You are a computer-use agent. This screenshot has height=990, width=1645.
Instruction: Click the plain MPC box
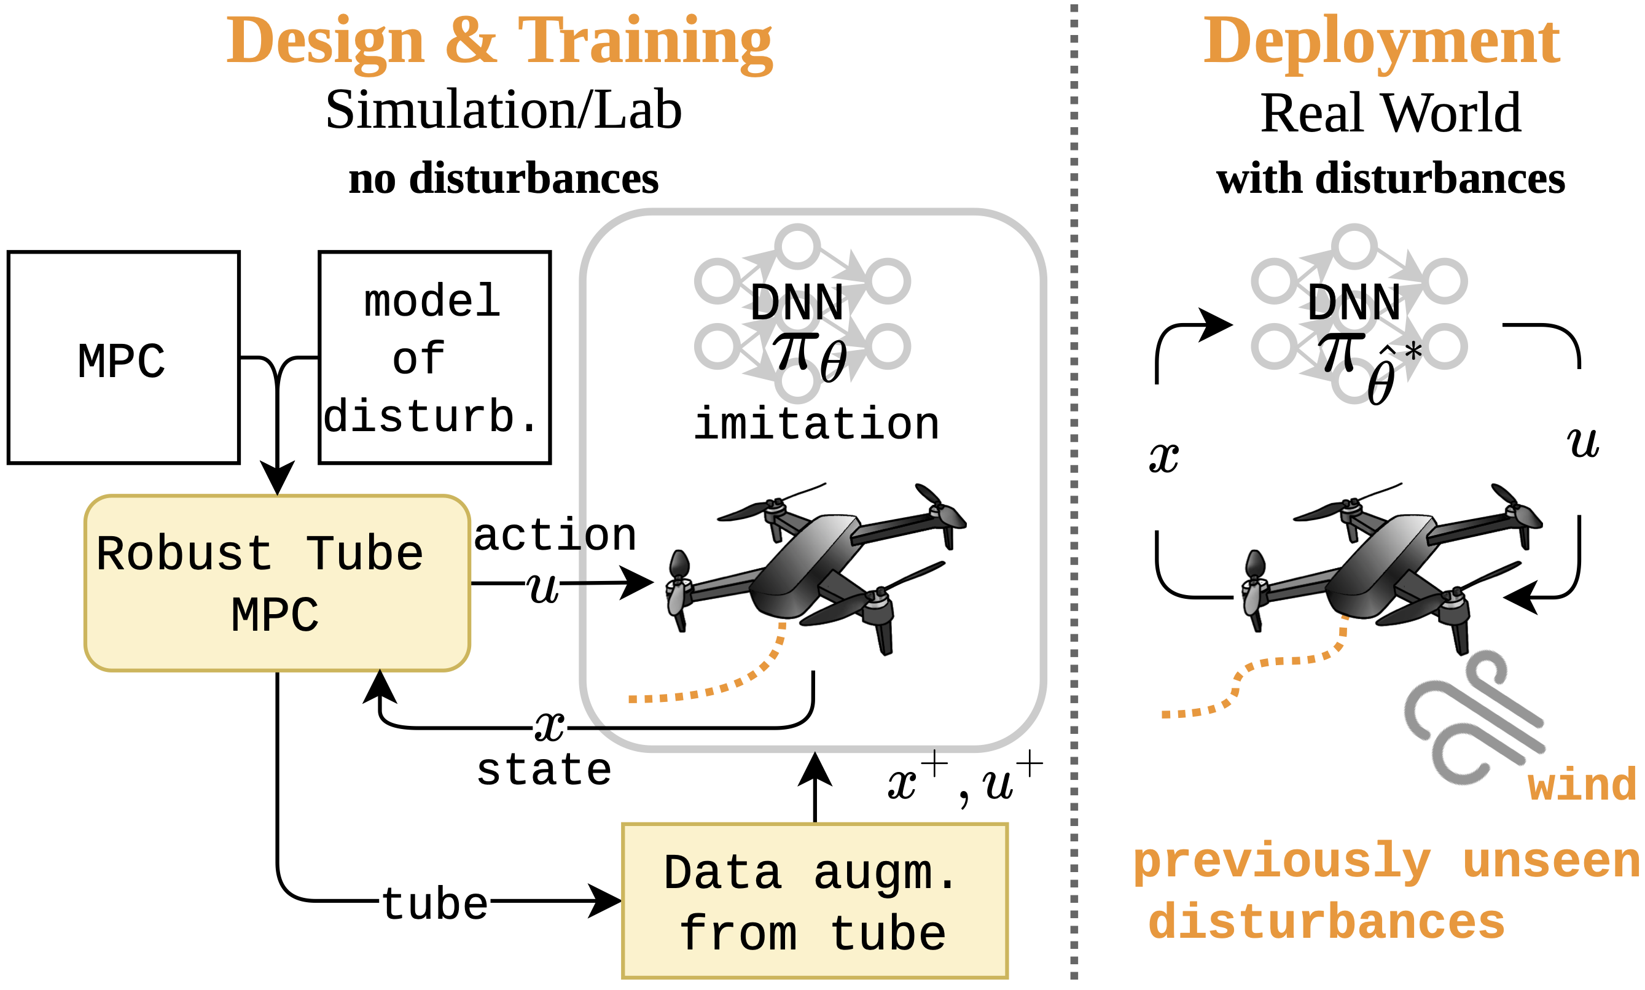(x=123, y=357)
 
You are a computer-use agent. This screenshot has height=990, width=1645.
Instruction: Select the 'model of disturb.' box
(x=434, y=357)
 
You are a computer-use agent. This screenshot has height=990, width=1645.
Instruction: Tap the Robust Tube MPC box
(x=277, y=583)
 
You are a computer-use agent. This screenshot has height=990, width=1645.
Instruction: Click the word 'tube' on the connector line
(x=434, y=904)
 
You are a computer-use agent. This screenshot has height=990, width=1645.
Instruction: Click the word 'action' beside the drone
(x=555, y=535)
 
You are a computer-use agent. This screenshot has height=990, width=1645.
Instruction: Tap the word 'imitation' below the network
(x=816, y=424)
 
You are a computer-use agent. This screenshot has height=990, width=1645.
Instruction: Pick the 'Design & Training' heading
(x=499, y=41)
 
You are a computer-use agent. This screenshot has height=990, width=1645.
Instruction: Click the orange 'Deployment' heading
(x=1381, y=41)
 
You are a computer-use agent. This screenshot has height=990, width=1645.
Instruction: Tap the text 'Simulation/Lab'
(x=504, y=110)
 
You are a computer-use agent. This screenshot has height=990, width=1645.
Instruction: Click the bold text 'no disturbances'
(x=504, y=179)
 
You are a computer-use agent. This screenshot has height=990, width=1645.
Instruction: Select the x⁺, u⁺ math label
(x=964, y=781)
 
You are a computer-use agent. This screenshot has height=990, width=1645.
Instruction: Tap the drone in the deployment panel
(x=1391, y=567)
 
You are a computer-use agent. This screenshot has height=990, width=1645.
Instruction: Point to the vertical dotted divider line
(x=1073, y=494)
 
